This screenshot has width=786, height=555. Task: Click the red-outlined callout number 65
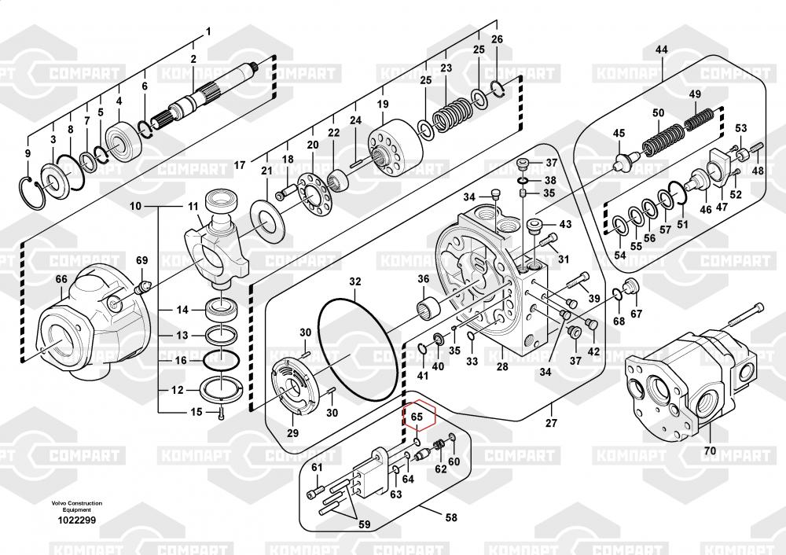point(417,417)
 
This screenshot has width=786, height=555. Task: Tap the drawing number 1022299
point(77,520)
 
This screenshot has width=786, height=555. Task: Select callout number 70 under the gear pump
point(710,451)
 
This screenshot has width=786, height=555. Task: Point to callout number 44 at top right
point(661,50)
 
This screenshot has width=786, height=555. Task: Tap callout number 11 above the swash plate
point(193,206)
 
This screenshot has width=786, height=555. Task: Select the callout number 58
point(451,517)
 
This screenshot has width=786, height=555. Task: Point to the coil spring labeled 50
point(663,139)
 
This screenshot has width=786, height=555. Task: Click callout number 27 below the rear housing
point(551,423)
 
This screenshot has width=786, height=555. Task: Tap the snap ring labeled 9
point(26,190)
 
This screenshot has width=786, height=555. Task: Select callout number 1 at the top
point(208,31)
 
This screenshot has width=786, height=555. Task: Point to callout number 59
point(365,524)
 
